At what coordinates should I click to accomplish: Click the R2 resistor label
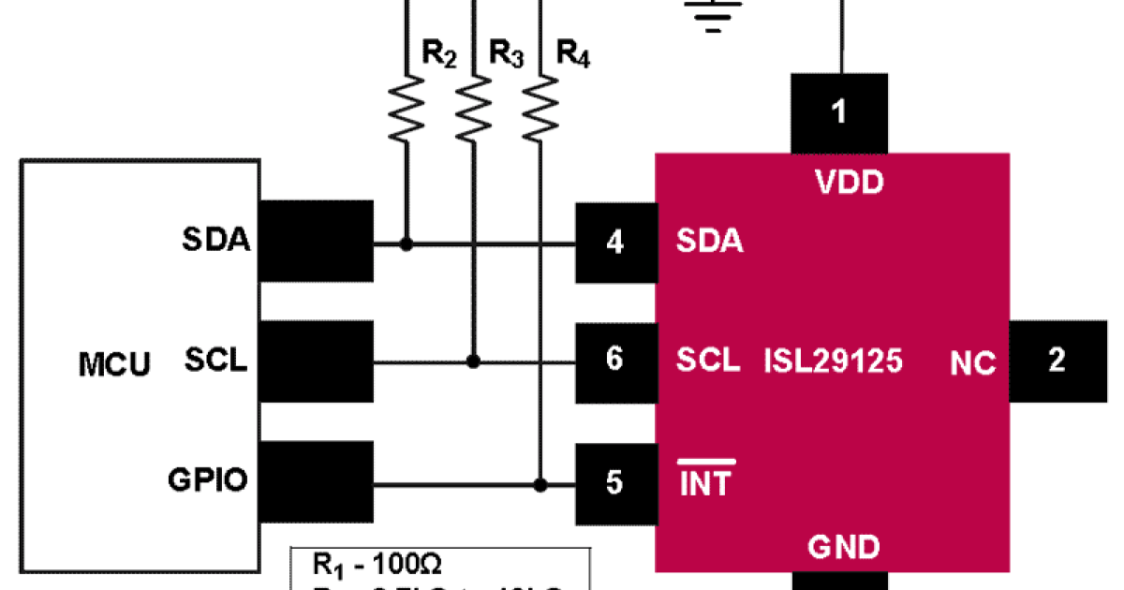click(x=438, y=55)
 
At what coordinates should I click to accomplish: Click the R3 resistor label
click(x=506, y=55)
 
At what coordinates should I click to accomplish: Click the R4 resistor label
click(x=573, y=55)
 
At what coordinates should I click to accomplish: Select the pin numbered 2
click(x=1057, y=361)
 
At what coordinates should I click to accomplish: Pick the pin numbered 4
click(x=614, y=243)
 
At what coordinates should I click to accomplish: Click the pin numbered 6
click(x=614, y=360)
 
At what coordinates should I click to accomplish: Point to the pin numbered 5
click(x=614, y=483)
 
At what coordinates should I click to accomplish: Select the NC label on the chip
click(x=972, y=363)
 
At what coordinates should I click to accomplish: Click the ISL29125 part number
click(x=834, y=361)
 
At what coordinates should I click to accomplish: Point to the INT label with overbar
click(x=705, y=482)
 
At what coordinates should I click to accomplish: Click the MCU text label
click(x=113, y=364)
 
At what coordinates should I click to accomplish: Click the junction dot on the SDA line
click(x=406, y=244)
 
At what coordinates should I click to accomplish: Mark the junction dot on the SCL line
click(x=474, y=361)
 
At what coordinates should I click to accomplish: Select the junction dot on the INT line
click(x=540, y=484)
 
